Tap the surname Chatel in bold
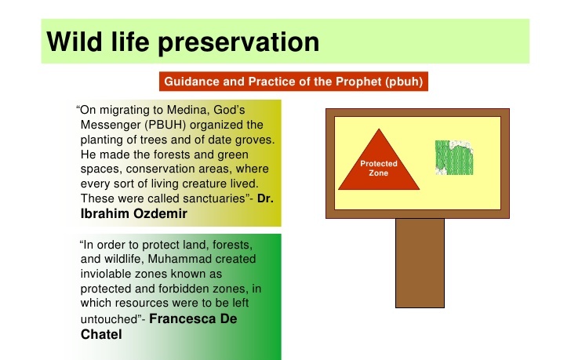coord(100,334)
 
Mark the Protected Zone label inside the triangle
coord(378,167)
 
